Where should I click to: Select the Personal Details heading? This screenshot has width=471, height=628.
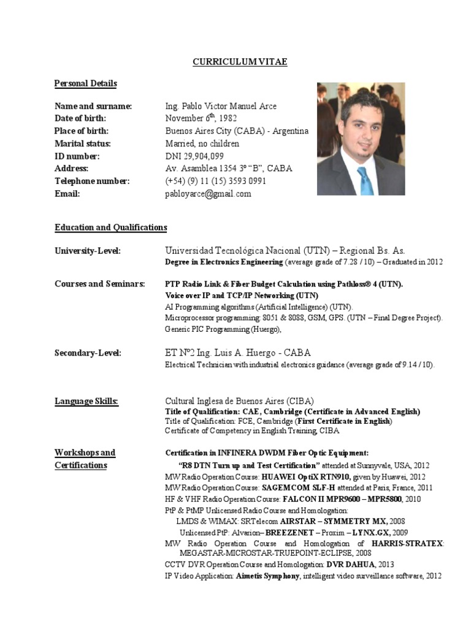(x=85, y=83)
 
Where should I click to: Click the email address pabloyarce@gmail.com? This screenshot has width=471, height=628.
(x=208, y=194)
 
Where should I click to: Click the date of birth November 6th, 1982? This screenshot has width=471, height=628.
(x=201, y=118)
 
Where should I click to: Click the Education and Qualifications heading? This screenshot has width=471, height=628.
(x=110, y=228)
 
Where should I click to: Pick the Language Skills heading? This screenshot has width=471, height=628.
(x=86, y=402)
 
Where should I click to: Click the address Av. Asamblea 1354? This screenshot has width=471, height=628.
(x=228, y=169)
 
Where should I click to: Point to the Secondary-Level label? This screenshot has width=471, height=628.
(x=88, y=353)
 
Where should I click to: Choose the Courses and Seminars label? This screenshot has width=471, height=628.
(x=99, y=284)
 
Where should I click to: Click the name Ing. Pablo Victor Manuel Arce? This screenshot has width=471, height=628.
(x=221, y=106)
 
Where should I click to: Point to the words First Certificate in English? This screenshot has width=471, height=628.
(x=345, y=421)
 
